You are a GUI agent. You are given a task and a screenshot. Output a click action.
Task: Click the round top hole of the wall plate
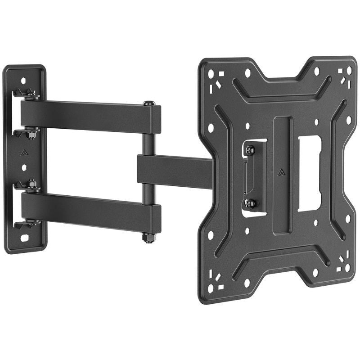[23, 81]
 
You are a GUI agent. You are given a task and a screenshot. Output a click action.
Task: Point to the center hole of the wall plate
[24, 167]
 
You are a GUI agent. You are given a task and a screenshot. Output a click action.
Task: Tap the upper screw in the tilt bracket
[250, 149]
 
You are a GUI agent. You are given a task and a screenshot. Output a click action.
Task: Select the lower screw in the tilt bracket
[250, 203]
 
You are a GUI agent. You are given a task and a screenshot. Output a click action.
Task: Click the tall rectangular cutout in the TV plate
[309, 173]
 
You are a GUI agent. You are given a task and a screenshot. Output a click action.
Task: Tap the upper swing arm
[90, 116]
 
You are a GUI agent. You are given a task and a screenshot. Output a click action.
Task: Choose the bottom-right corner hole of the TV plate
[347, 268]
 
